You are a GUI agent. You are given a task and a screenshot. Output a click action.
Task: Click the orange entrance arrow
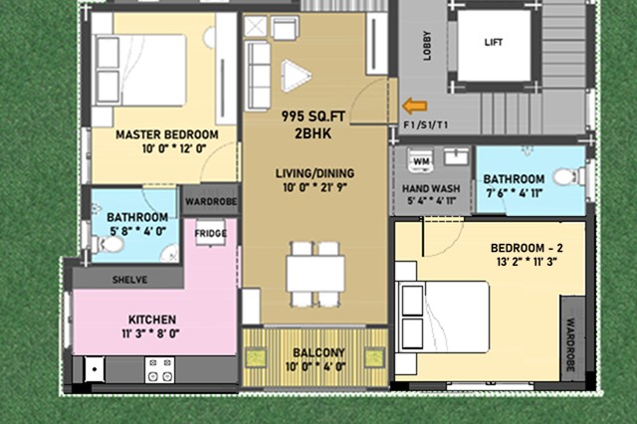[x=415, y=106]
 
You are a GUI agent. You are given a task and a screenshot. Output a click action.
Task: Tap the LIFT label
[x=494, y=42]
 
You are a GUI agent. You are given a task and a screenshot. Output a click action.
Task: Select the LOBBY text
[x=427, y=46]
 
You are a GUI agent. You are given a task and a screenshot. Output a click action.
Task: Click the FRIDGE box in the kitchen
[x=210, y=233]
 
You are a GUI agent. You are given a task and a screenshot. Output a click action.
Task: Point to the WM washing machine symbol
[x=421, y=161]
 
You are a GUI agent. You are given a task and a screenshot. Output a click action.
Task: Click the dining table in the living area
[x=316, y=274]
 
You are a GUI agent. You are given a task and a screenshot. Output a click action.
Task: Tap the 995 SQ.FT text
[x=314, y=116]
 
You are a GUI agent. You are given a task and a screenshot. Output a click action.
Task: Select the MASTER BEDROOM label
[x=167, y=134]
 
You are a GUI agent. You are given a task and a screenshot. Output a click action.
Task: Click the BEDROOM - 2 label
[x=527, y=248]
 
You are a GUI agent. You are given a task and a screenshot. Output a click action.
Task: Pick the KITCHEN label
[x=152, y=319]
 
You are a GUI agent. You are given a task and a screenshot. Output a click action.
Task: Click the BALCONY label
[x=318, y=352]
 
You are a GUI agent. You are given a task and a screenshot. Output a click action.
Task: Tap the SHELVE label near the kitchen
[x=130, y=280]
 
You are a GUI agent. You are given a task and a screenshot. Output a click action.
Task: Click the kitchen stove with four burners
[x=159, y=370]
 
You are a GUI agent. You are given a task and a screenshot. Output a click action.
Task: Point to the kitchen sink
[x=95, y=369]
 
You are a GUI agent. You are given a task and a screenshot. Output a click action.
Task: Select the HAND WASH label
[x=431, y=188]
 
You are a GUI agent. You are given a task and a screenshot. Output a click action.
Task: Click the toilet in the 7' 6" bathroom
[x=566, y=177]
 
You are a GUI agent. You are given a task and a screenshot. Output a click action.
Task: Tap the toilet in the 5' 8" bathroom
[x=107, y=245]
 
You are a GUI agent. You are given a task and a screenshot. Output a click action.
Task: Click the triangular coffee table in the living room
[x=297, y=76]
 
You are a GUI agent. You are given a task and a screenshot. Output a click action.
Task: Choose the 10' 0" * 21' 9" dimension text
[x=315, y=188]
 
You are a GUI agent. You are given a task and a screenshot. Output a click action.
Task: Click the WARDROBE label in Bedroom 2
[x=570, y=344]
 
